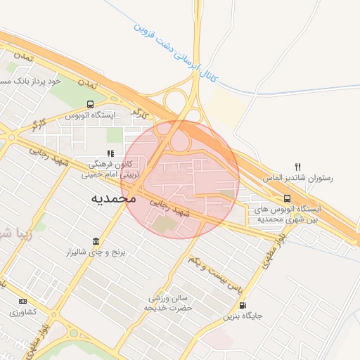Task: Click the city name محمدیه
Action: pyautogui.click(x=113, y=199)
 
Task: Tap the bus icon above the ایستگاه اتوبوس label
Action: pyautogui.click(x=89, y=104)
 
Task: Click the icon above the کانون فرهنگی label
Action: pyautogui.click(x=110, y=153)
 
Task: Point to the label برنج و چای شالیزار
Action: pyautogui.click(x=96, y=252)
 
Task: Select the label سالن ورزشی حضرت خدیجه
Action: pyautogui.click(x=168, y=303)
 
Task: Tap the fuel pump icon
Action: pyautogui.click(x=243, y=305)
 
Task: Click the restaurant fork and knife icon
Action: pyautogui.click(x=298, y=167)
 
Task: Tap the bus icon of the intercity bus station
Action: pyautogui.click(x=287, y=199)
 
